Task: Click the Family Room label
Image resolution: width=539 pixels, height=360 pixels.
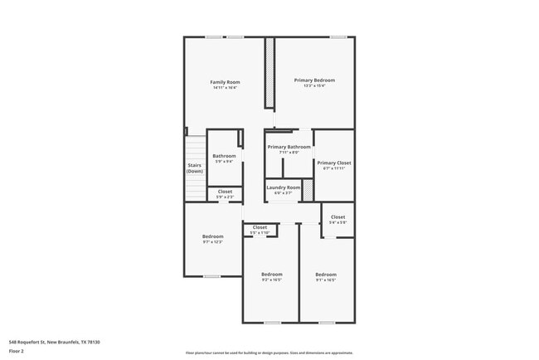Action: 225,81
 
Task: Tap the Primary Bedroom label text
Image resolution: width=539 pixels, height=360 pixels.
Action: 314,80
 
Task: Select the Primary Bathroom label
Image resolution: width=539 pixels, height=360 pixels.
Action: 289,147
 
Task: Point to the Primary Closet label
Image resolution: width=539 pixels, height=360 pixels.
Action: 333,163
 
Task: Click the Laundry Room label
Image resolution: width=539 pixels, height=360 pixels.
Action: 283,187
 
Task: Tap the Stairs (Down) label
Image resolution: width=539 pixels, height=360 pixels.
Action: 194,168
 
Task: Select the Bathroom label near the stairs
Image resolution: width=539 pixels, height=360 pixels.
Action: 224,156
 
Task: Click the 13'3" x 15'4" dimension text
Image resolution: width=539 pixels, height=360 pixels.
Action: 314,85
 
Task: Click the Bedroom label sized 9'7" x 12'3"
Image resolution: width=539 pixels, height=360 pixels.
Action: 212,236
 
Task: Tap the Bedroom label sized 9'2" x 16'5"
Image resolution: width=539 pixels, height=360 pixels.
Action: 271,274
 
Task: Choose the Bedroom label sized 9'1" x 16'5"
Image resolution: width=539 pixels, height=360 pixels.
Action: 326,274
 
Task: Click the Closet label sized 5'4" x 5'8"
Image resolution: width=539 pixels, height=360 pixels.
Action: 337,216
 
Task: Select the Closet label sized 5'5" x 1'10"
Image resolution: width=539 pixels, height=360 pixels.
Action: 260,226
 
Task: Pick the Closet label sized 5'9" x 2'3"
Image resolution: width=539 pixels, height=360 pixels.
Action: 225,192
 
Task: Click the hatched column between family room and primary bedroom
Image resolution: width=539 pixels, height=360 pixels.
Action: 269,71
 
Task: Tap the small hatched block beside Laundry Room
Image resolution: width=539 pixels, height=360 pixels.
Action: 308,190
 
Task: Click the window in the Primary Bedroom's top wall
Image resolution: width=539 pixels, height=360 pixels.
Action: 337,36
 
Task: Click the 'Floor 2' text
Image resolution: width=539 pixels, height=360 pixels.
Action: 17,351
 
